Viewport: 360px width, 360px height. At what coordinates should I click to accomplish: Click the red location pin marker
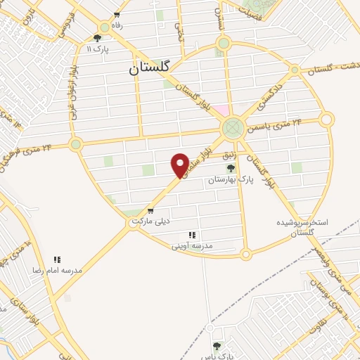pyautogui.click(x=180, y=164)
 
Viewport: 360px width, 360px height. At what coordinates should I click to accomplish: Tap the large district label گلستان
pyautogui.click(x=149, y=68)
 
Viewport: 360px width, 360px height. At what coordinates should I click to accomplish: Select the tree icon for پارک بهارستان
pyautogui.click(x=231, y=167)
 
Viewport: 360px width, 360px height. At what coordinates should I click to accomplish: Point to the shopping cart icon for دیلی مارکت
pyautogui.click(x=150, y=210)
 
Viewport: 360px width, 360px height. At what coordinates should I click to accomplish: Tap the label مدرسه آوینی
pyautogui.click(x=192, y=246)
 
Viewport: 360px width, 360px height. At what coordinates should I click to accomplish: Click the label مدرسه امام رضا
pyautogui.click(x=56, y=270)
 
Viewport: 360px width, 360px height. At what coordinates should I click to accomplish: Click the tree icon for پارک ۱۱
pyautogui.click(x=97, y=38)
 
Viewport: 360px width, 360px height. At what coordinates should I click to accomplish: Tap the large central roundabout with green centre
pyautogui.click(x=232, y=129)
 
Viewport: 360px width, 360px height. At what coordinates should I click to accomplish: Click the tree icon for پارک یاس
pyautogui.click(x=216, y=345)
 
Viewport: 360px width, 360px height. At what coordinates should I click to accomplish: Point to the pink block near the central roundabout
pyautogui.click(x=221, y=111)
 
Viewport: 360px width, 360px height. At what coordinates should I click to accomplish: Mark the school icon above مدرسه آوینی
pyautogui.click(x=191, y=235)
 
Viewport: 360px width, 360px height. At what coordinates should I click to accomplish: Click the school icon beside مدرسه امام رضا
pyautogui.click(x=57, y=259)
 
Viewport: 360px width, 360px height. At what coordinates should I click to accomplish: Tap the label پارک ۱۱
pyautogui.click(x=94, y=49)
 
